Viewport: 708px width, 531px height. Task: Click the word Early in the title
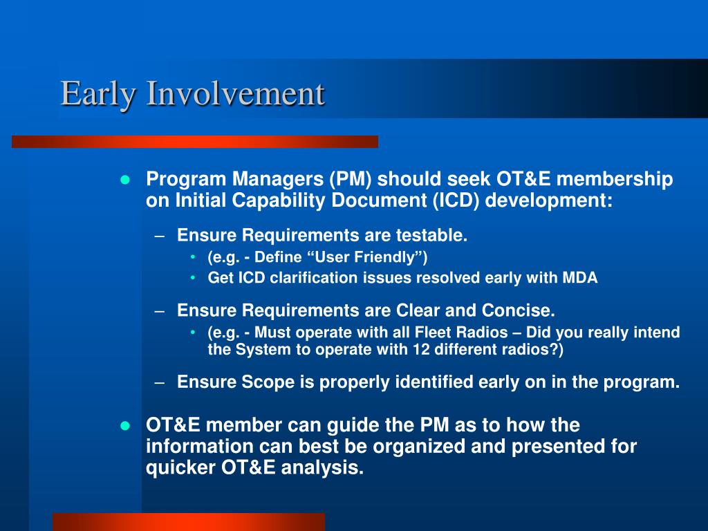98,95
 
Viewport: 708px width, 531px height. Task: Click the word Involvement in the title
235,93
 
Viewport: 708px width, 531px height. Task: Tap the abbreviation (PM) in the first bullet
351,179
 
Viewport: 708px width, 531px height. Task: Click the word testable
431,235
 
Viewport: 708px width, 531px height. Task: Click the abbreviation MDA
580,277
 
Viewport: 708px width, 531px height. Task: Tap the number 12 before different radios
421,349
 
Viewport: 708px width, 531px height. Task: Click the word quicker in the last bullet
180,468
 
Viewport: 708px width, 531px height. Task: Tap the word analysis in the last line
322,468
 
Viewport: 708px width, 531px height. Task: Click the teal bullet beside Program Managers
125,180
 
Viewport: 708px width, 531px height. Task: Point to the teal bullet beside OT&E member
125,426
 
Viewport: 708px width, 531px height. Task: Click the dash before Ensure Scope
159,383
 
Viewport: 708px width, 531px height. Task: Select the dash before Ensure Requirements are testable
159,236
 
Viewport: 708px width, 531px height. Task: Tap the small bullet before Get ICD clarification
193,278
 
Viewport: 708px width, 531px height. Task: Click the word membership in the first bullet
615,179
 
